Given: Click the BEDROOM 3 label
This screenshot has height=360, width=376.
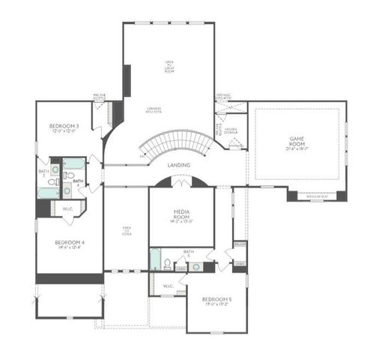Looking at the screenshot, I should (64, 126).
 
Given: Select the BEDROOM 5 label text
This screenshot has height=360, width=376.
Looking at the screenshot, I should (216, 299).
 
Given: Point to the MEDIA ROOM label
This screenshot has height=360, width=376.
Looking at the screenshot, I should (181, 214).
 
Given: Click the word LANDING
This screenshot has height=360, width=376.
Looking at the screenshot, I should (178, 165).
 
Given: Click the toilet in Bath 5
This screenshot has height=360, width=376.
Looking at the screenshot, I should (169, 264).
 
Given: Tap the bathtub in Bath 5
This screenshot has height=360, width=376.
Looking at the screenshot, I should (154, 260).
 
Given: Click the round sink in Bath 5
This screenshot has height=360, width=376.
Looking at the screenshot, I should (195, 266).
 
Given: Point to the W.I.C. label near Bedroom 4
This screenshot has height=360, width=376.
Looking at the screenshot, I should (67, 209).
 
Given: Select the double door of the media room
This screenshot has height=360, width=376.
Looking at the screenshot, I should (181, 183).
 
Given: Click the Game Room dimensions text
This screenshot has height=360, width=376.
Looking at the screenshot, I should (297, 148).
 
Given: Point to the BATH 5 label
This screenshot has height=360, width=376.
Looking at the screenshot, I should (189, 252).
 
